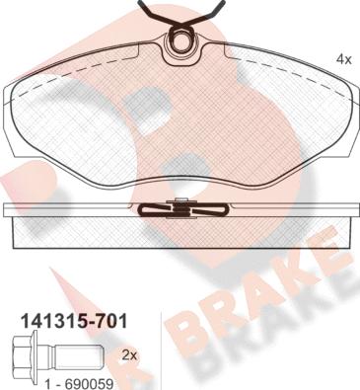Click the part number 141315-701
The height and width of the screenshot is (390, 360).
(x=74, y=321)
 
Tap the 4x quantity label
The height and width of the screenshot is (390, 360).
(x=344, y=59)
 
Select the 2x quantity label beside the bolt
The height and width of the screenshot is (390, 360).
(x=129, y=355)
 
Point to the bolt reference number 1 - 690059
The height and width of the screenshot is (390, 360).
(x=79, y=384)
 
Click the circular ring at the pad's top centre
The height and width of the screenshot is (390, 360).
(x=180, y=40)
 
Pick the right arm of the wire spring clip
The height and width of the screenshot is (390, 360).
(x=206, y=13)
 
